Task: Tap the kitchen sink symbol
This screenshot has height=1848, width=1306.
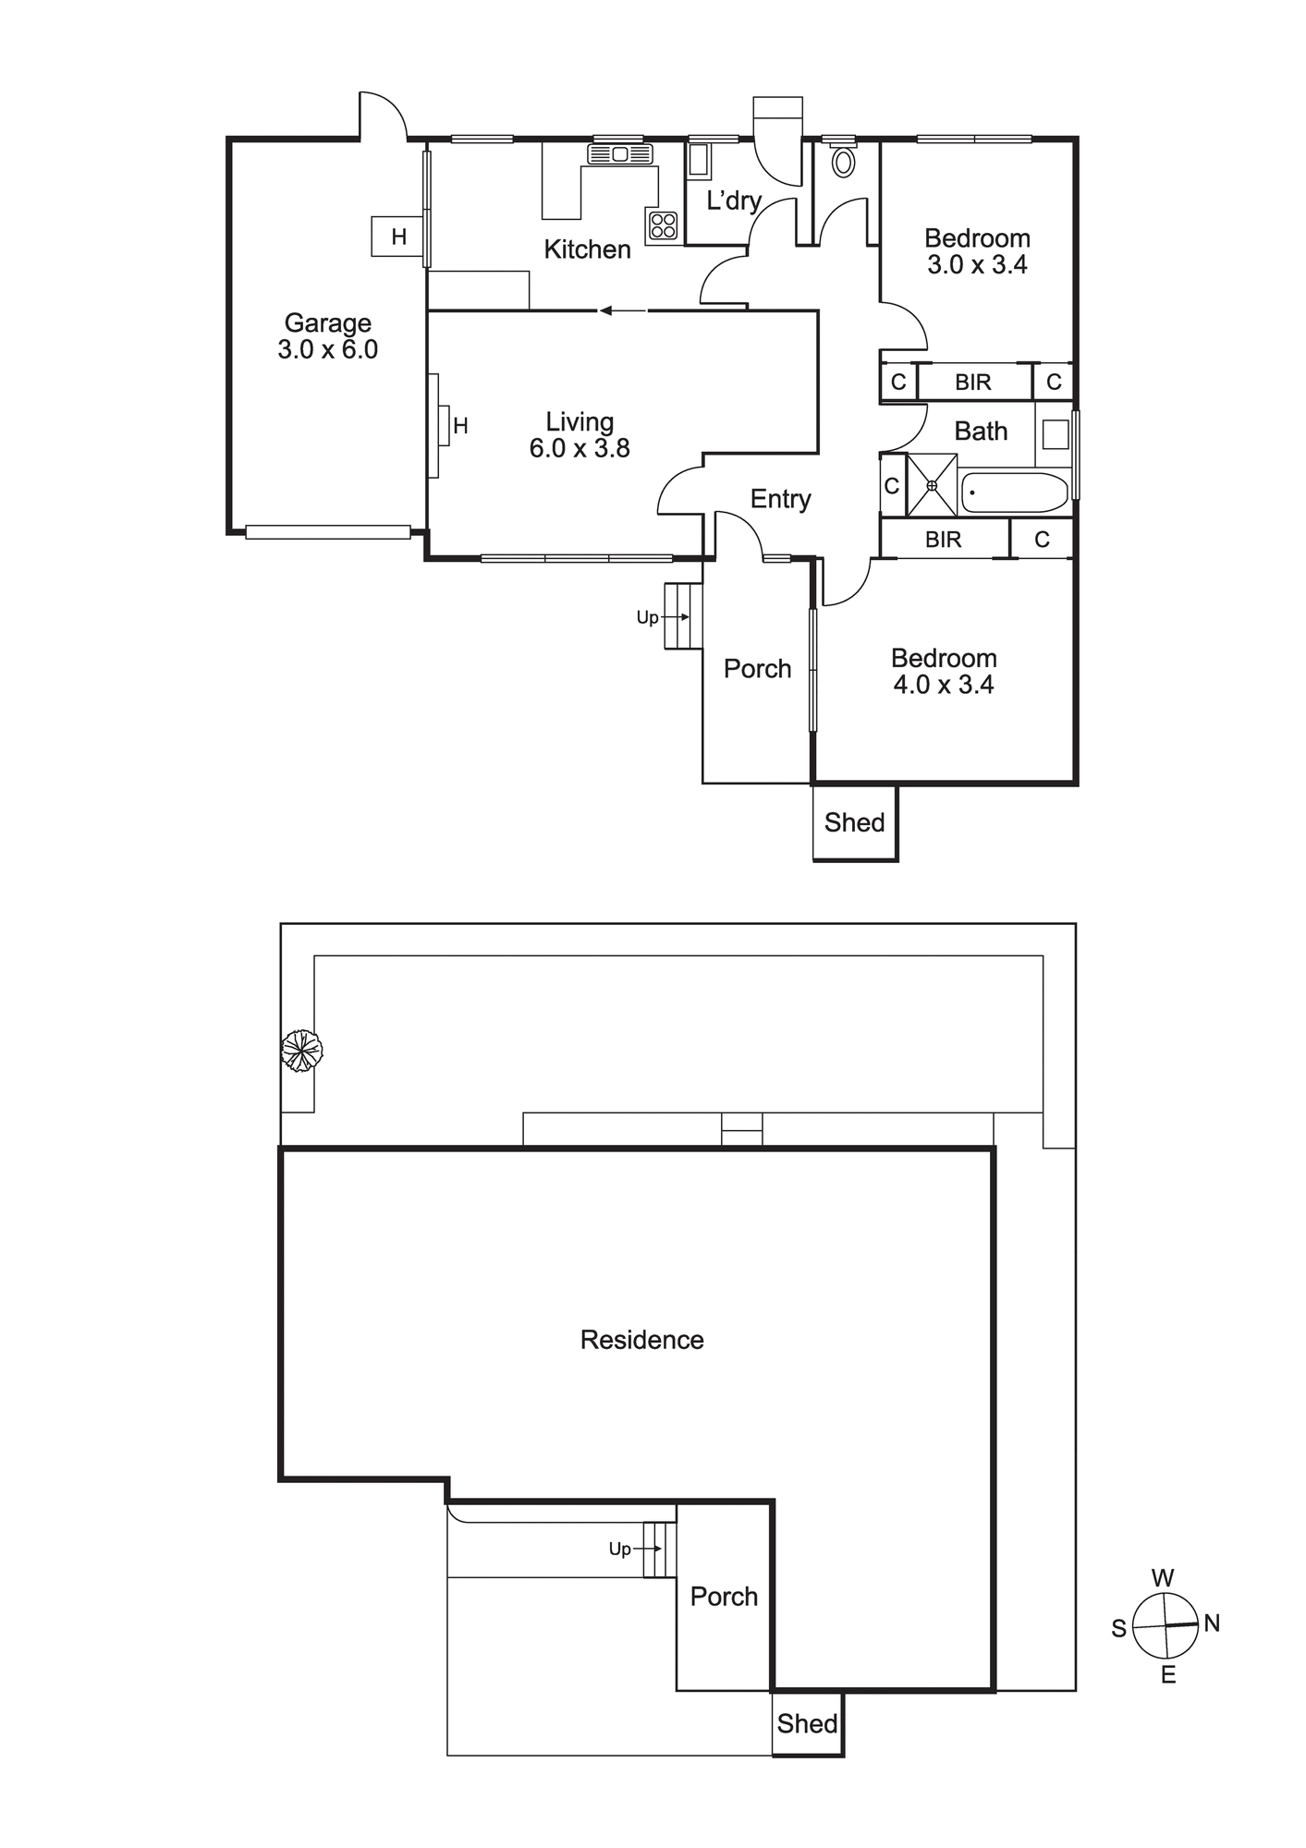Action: coord(620,153)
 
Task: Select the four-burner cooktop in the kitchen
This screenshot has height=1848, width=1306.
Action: coord(663,225)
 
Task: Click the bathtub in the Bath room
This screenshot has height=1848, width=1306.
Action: coord(1015,492)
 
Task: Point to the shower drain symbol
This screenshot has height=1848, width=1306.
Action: coord(932,485)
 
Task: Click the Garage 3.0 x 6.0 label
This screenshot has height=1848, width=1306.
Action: coord(328,336)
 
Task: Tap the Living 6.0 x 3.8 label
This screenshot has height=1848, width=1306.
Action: coord(580,435)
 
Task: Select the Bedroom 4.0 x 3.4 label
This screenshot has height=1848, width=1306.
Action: coord(944,672)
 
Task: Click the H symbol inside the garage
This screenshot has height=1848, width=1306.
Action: coord(398,237)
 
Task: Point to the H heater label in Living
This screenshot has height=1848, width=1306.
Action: coord(460,426)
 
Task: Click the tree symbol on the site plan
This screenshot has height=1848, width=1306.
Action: coord(301,1051)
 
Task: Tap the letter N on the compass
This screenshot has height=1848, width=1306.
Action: coord(1212,1623)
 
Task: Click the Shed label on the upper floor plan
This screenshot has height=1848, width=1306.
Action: coord(854,822)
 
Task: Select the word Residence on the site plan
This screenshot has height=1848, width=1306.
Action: coord(641,1340)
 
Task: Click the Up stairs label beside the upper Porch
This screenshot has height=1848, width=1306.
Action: coord(647,617)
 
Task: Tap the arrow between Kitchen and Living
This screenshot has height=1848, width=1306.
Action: coord(623,311)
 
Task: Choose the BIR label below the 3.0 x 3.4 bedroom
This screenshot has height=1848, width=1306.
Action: coord(972,382)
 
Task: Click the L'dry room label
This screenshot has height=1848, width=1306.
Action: coord(734,201)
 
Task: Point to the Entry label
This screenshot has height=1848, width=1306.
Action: coord(780,499)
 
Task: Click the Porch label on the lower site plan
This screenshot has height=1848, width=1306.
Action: coord(724,1597)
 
